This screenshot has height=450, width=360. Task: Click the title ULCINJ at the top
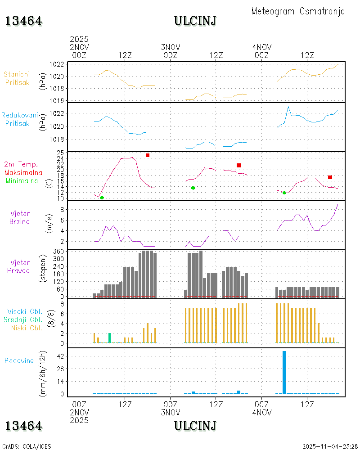195,21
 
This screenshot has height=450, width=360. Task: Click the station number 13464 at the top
23,21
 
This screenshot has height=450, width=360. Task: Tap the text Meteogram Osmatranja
298,11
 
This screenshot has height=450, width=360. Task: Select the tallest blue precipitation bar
284,372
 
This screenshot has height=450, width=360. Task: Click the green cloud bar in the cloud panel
109,337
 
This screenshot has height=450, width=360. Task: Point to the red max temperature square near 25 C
147,155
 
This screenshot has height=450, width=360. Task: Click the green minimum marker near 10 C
102,198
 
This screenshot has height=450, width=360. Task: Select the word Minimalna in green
22,180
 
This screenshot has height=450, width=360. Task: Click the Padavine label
19,360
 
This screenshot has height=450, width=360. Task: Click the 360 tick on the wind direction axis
58,251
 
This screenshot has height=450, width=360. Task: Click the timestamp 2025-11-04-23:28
330,446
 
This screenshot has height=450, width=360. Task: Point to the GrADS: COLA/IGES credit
27,446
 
